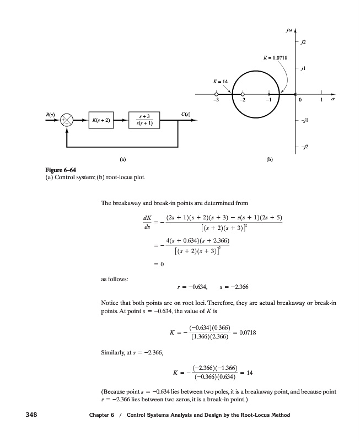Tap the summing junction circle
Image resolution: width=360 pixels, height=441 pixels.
pyautogui.click(x=67, y=120)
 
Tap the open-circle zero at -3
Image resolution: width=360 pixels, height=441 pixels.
pyautogui.click(x=217, y=95)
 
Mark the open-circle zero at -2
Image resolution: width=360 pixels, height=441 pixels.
pyautogui.click(x=243, y=95)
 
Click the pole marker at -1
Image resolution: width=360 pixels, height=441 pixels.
pyautogui.click(x=268, y=95)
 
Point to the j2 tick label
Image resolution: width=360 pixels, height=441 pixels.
pyautogui.click(x=303, y=41)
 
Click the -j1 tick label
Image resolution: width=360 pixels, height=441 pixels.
pyautogui.click(x=304, y=121)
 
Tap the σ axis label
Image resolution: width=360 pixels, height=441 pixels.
pyautogui.click(x=332, y=101)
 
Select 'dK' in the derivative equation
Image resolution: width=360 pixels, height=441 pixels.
pyautogui.click(x=145, y=216)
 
